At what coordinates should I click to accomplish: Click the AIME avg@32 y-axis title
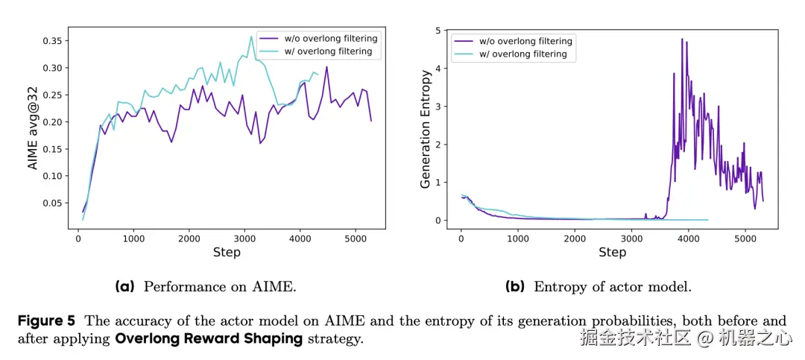coord(33,128)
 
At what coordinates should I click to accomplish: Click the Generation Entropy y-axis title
coord(426,128)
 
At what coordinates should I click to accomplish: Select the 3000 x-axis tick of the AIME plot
coord(245,239)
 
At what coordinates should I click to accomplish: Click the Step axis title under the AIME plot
coord(227,253)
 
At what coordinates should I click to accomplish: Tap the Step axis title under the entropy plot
coord(612,253)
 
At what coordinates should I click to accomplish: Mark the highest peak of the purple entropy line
coord(681,39)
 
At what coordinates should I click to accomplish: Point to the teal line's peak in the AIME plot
coord(251,36)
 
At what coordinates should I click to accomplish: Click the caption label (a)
coord(125,286)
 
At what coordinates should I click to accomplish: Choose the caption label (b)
coord(515,286)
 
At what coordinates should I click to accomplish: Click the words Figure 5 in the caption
coord(46,321)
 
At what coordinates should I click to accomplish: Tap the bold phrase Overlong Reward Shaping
coord(209,338)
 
